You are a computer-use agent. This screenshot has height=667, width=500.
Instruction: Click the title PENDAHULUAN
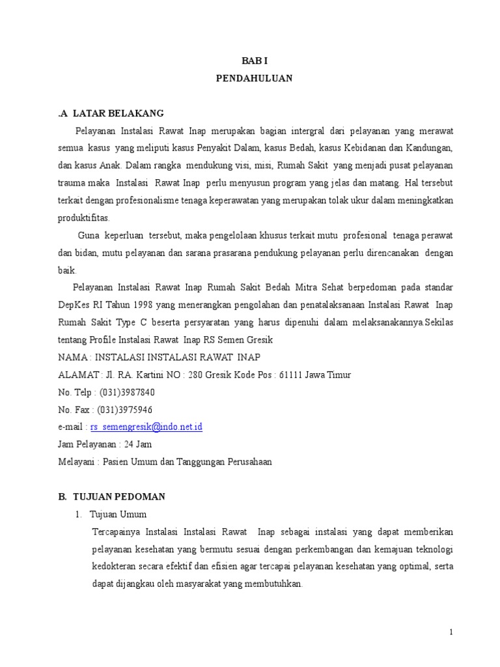point(254,78)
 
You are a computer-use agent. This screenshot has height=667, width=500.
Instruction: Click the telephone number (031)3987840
point(127,393)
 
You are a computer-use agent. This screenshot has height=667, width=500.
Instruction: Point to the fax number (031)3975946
point(125,410)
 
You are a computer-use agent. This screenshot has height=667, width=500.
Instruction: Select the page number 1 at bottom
point(451,632)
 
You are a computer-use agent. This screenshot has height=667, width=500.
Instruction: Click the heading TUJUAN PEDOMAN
point(118,496)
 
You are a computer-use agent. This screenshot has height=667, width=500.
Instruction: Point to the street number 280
point(196,375)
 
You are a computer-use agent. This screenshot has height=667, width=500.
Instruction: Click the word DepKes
point(74,305)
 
